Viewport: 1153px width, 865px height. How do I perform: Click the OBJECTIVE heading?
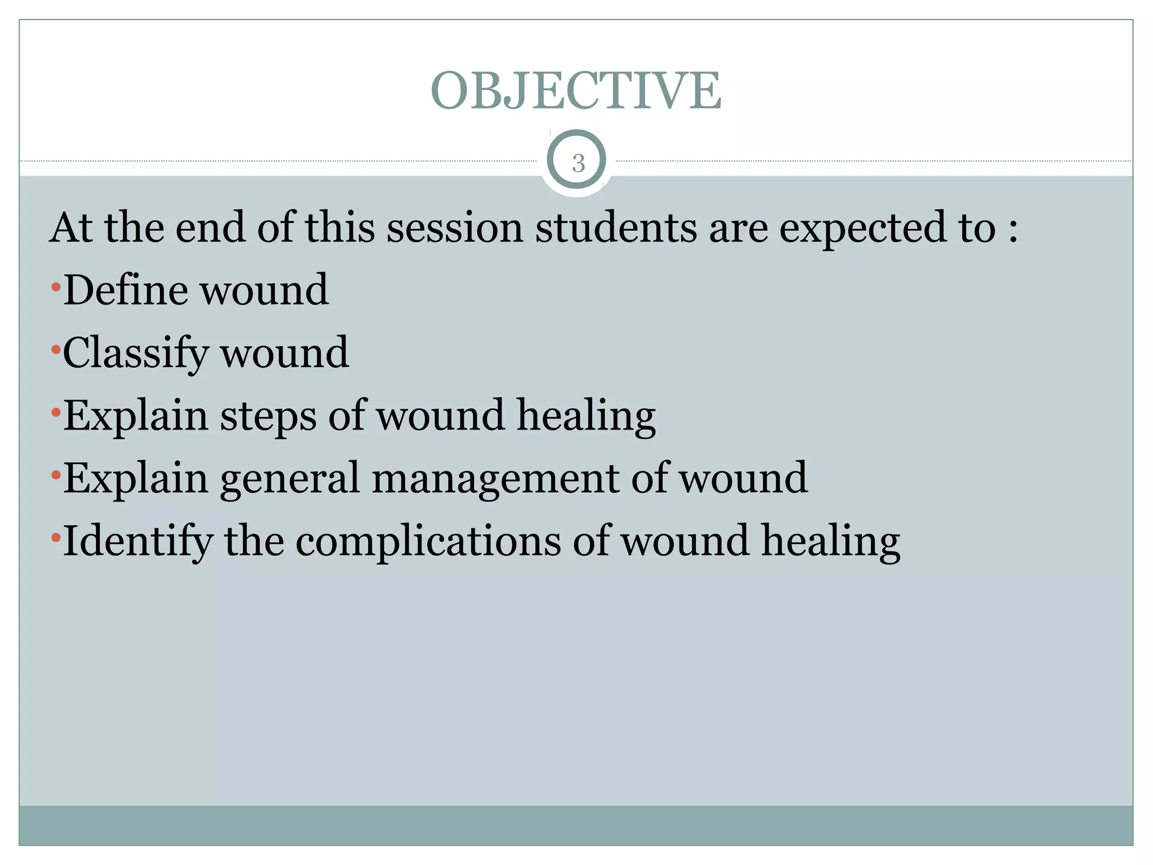pos(575,91)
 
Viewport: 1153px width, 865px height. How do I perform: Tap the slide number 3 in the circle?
pos(578,163)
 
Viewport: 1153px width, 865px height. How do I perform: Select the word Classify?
pos(135,353)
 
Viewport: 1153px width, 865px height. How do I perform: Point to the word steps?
pos(268,417)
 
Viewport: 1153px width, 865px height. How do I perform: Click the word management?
pos(495,478)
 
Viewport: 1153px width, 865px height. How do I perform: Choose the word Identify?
pos(137,542)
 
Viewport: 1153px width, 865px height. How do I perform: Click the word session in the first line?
pos(455,228)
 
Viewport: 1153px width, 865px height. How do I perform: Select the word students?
pos(616,228)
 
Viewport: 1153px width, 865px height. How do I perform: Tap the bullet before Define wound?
pos(55,288)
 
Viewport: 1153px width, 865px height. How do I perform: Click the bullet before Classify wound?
pos(55,350)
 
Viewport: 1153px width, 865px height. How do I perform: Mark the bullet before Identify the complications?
pos(55,538)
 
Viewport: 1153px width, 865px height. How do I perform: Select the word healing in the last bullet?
pos(831,542)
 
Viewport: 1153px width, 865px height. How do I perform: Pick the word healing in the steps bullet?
pos(586,417)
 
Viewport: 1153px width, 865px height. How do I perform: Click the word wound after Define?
pos(265,289)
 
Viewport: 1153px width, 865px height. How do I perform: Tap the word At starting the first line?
pos(71,228)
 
